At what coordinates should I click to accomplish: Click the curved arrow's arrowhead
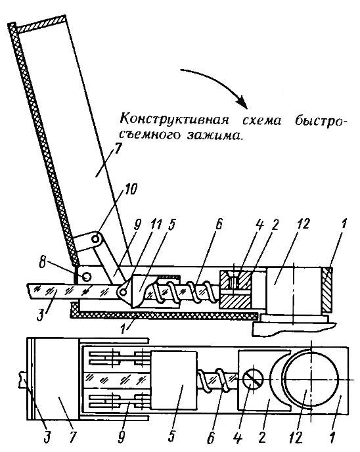point(242,103)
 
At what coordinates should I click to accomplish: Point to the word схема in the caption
point(261,120)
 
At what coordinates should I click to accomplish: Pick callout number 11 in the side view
point(154,226)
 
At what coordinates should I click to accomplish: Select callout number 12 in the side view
point(301,224)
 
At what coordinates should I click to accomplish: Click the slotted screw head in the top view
point(254,380)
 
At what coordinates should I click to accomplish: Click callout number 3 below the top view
point(47,438)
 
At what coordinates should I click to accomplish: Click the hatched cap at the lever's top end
point(41,26)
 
